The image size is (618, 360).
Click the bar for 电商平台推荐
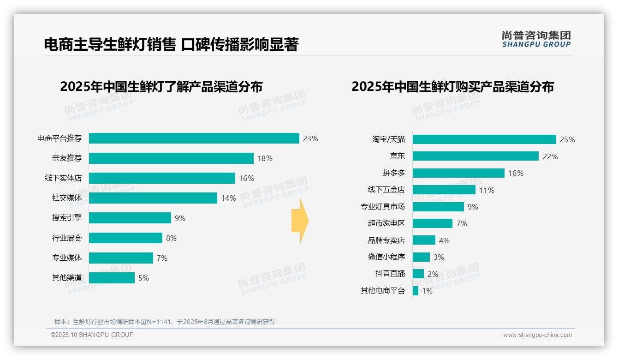point(194,138)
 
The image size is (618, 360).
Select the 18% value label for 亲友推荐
point(265,158)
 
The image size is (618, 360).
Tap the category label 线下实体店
point(66,178)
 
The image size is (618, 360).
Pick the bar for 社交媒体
point(153,198)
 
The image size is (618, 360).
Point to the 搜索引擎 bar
point(130,218)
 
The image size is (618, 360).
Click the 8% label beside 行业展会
point(171,238)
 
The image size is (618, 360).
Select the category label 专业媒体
point(66,258)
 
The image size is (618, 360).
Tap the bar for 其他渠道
point(112,278)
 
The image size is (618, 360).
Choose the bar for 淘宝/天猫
point(484,139)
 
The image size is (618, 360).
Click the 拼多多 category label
point(393,173)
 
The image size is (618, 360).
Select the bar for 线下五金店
point(444,190)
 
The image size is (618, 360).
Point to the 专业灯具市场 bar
point(438,207)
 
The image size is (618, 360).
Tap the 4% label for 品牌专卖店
point(444,240)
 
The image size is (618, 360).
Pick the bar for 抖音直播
point(418,274)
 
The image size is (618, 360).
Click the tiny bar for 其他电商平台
point(416,291)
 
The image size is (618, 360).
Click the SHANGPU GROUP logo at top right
point(536,39)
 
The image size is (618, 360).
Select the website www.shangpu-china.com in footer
point(537,335)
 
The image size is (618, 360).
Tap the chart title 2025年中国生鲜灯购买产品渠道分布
point(452,87)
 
